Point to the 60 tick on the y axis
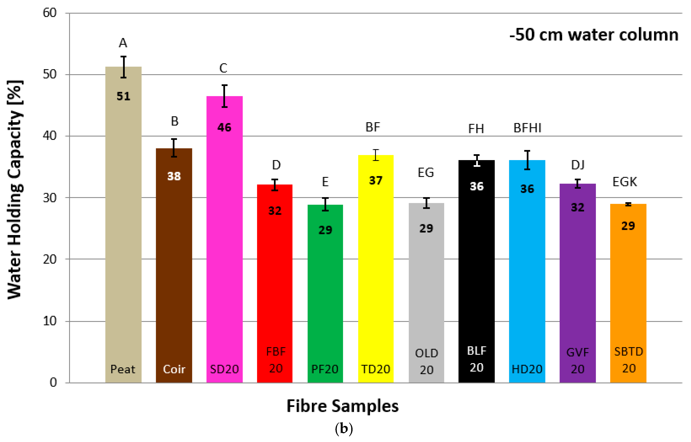coord(50,13)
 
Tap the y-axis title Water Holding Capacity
coord(15,189)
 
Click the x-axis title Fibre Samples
coord(343,406)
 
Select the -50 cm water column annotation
coord(594,35)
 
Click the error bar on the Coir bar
coord(174,148)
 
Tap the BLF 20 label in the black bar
coord(477,359)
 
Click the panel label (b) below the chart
coord(344,429)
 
